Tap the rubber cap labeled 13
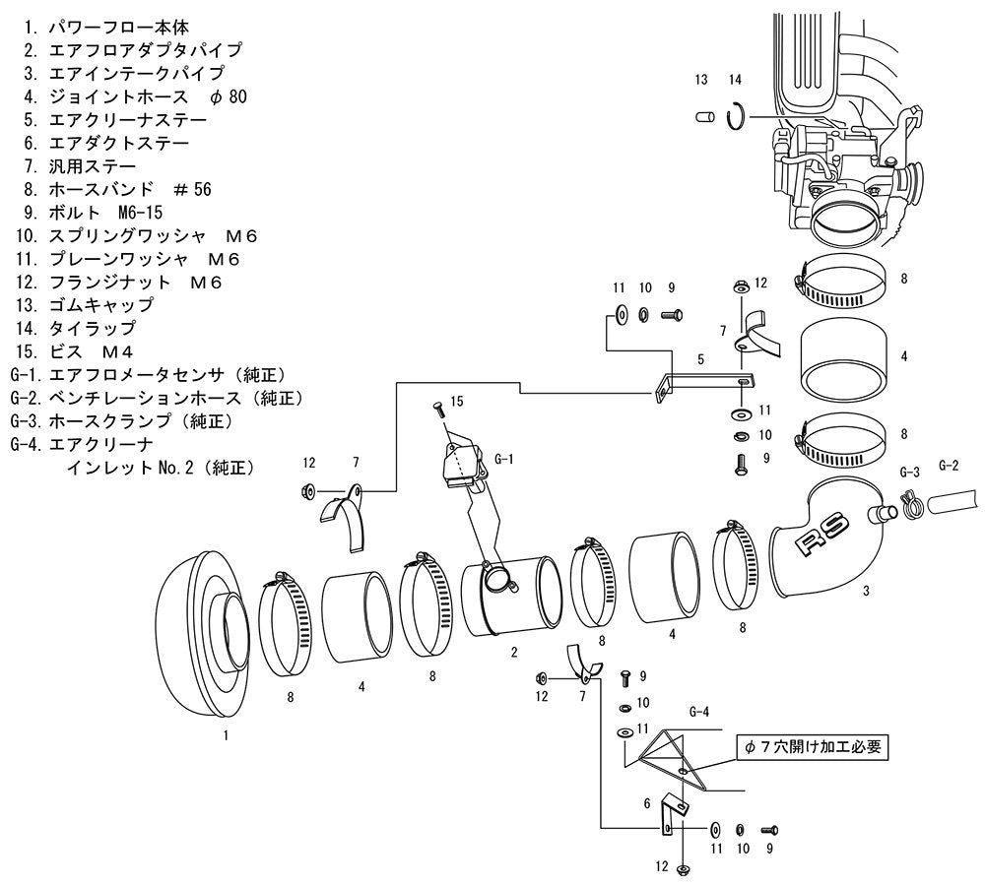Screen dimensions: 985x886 pos(705,117)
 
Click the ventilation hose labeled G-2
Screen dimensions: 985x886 pos(952,501)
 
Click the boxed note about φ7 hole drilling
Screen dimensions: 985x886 pos(813,746)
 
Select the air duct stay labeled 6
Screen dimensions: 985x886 pos(672,813)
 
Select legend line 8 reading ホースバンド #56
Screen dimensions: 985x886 pos(117,189)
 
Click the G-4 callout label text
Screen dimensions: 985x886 pos(699,712)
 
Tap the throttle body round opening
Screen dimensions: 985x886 pos(844,221)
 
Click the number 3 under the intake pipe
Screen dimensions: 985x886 pos(866,591)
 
